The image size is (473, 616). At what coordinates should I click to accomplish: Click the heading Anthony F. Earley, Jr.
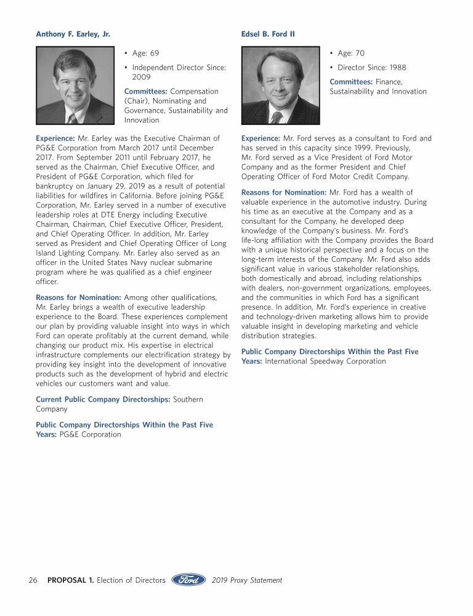[x=73, y=34]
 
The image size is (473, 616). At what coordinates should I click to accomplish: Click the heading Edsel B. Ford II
[x=268, y=34]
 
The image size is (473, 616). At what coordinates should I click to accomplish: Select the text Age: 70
[x=351, y=54]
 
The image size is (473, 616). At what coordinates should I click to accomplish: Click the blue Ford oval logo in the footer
[x=188, y=580]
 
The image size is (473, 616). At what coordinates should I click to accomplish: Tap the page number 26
[x=33, y=580]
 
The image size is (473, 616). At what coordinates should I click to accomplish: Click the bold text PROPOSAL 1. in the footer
[x=71, y=580]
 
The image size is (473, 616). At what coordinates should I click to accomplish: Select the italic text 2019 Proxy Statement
[x=246, y=580]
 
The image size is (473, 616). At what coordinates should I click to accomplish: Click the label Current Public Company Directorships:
[x=103, y=399]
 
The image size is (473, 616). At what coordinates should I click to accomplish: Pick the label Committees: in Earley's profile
[x=145, y=92]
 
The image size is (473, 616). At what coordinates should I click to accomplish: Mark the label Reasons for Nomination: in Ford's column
[x=284, y=193]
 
